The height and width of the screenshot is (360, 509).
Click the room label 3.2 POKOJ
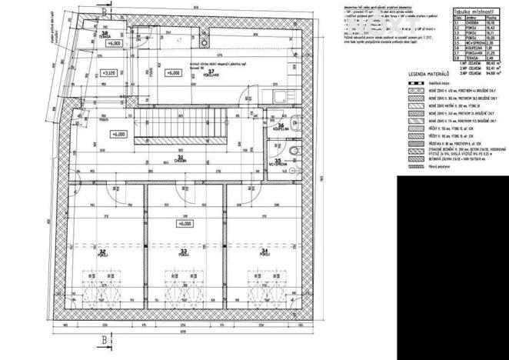tap(101, 252)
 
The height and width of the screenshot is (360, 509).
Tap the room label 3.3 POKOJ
tap(183, 252)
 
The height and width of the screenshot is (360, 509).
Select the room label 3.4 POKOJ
tap(264, 252)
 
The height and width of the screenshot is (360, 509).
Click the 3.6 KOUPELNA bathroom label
tap(282, 128)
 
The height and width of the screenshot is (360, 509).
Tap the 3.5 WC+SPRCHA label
tap(278, 163)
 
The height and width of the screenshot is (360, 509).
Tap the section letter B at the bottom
tap(102, 339)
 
